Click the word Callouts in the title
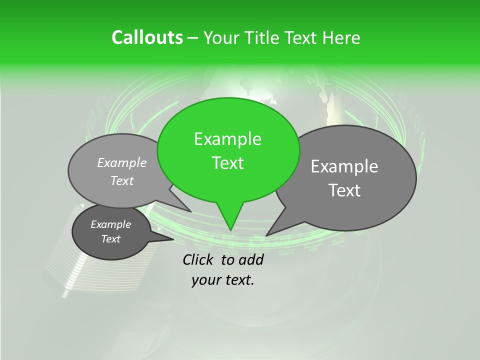point(147,37)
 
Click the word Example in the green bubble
point(227,139)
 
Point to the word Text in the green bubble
point(227,163)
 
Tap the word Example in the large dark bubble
point(344,166)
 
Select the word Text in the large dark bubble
point(344,190)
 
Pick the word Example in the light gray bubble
point(122,162)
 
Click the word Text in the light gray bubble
point(122,181)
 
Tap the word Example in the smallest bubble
point(111,224)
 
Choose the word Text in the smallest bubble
point(111,239)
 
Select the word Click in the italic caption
point(198,259)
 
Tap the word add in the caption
point(251,259)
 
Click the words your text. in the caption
point(223,280)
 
